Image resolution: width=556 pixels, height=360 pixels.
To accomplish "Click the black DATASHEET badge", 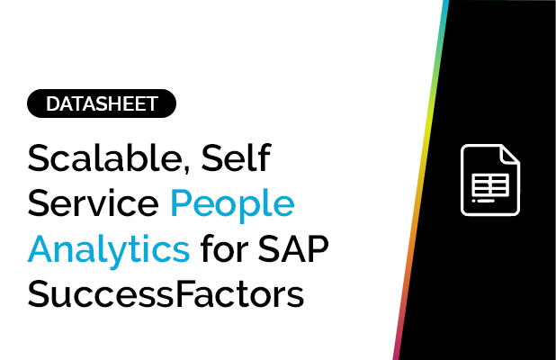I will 102,104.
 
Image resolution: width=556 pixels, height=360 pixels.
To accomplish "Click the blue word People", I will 232,207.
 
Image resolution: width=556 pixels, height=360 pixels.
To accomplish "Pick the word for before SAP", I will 223,247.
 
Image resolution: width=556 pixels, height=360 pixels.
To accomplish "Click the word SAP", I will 294,247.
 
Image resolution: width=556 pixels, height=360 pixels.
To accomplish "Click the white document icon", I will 490,180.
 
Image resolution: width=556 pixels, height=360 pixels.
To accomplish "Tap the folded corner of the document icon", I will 510,154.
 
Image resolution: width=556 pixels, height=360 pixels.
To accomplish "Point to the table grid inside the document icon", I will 490,184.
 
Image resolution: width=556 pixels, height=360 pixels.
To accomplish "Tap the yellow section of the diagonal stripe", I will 427,135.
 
